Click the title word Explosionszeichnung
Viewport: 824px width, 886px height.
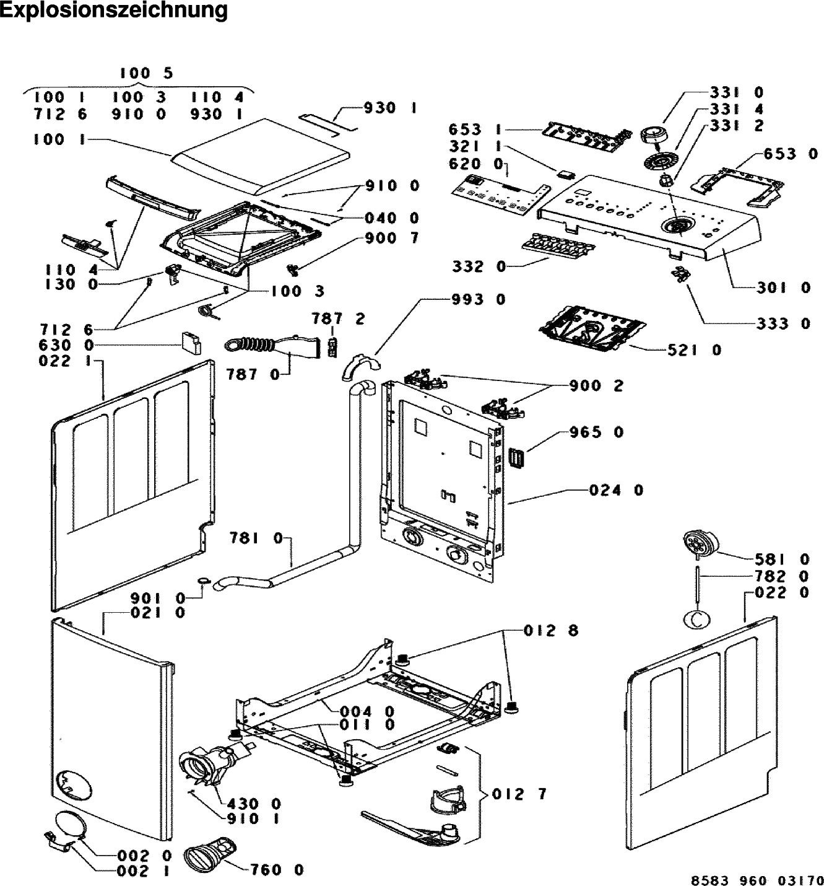click(x=114, y=11)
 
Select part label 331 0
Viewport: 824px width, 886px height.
click(x=737, y=93)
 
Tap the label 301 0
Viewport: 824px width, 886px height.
click(x=783, y=287)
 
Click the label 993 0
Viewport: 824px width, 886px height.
click(x=478, y=300)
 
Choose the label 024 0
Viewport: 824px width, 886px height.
click(x=616, y=490)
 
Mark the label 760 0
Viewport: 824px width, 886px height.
click(x=277, y=870)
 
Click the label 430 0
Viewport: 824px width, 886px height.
click(x=254, y=804)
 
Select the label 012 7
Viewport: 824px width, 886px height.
click(x=520, y=794)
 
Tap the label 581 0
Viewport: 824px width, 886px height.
click(x=782, y=559)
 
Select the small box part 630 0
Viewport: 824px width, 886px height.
click(x=191, y=343)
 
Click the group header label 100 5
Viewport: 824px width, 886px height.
click(x=147, y=74)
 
